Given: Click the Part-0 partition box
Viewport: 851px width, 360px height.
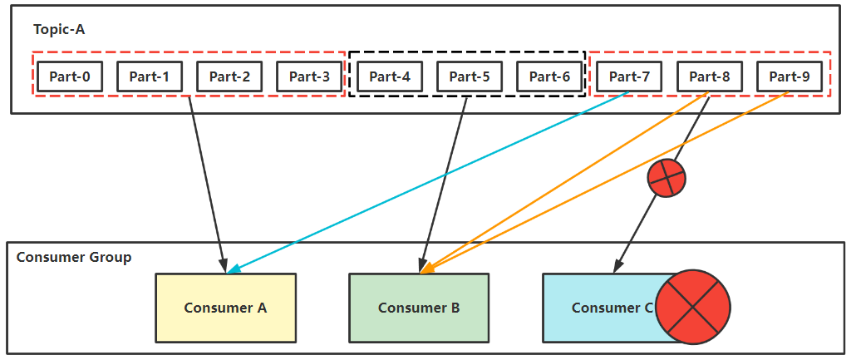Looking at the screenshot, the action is [x=70, y=76].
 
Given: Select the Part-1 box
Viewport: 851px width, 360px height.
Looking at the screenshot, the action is [x=150, y=76].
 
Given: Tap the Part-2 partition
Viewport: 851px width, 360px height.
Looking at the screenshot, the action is [x=229, y=76].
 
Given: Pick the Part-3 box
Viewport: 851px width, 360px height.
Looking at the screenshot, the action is [x=309, y=76].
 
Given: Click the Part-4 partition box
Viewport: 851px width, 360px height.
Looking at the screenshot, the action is [x=390, y=76].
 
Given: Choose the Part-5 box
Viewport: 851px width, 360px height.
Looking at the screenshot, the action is [x=470, y=76].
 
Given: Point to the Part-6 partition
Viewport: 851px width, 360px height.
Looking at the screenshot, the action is [x=549, y=76].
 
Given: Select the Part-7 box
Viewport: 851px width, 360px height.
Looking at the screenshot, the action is [x=629, y=76].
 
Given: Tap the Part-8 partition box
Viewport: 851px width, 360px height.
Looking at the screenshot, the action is [x=710, y=76].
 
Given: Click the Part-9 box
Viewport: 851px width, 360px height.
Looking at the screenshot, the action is [x=790, y=76].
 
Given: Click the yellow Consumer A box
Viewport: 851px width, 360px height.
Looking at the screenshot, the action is [x=226, y=308].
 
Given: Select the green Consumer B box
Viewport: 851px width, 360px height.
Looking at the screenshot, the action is [x=419, y=308].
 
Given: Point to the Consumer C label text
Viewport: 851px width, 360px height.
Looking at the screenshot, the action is [x=612, y=308].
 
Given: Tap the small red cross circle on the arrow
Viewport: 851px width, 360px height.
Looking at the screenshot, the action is [x=667, y=178].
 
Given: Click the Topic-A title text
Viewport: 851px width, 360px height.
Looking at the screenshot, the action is [x=59, y=29].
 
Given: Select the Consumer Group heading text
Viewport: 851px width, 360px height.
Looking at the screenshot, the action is [x=74, y=257].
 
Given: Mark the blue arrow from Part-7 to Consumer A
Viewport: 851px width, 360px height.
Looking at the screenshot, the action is [x=429, y=182].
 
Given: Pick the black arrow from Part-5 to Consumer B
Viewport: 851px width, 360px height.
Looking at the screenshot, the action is [x=444, y=185].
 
